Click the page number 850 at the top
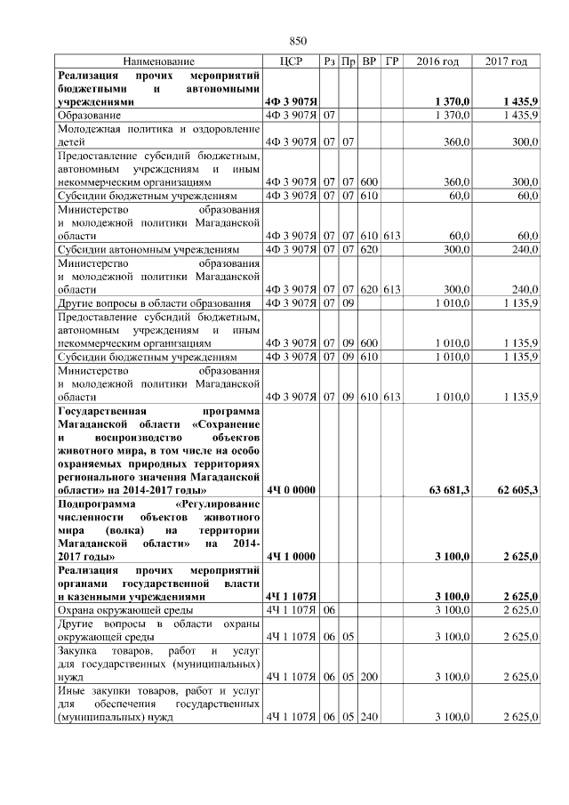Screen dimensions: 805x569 (298, 41)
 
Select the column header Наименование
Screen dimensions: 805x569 (159, 61)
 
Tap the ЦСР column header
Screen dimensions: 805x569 (292, 61)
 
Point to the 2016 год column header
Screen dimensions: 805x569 (437, 61)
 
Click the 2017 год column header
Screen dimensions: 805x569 (507, 61)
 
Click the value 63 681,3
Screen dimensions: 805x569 (449, 490)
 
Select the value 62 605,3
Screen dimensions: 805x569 (517, 490)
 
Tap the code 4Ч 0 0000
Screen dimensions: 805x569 (291, 490)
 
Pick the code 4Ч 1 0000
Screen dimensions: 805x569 (291, 557)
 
